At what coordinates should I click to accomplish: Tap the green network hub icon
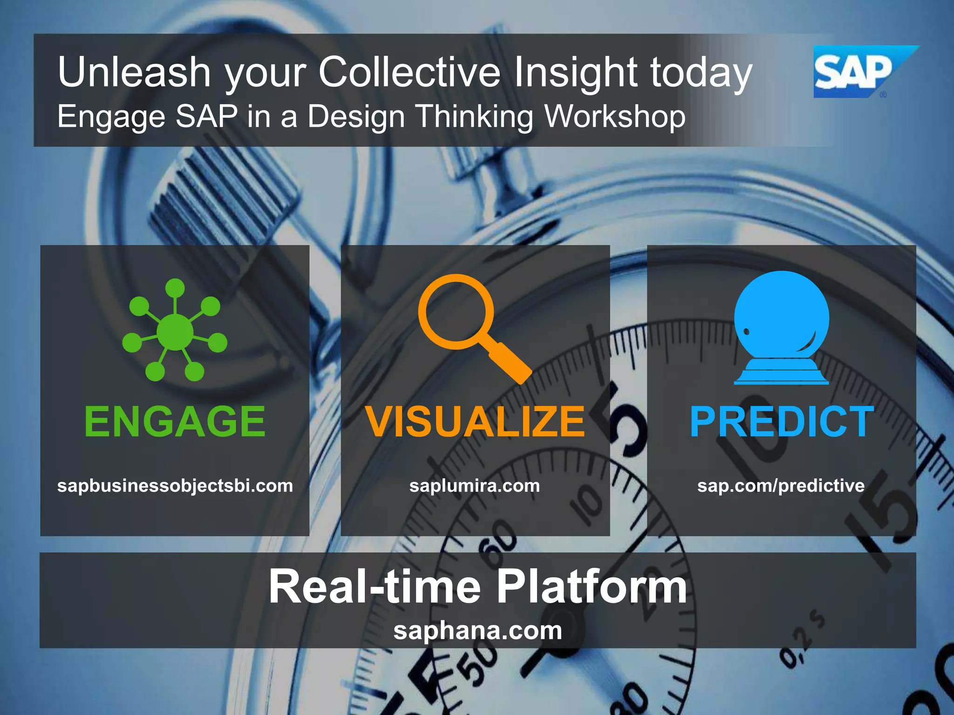175,331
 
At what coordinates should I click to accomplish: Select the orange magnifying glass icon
470,326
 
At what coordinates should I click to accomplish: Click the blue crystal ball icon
782,326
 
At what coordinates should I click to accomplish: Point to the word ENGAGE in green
175,421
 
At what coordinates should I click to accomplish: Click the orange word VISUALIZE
475,421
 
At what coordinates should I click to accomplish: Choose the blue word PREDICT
782,421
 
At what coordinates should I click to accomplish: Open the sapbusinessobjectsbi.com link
175,486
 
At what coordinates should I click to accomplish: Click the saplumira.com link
475,486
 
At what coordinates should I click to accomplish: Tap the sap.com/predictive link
781,486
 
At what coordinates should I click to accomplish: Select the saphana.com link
477,631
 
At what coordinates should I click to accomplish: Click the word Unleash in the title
134,72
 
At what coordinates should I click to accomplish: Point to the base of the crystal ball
781,372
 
